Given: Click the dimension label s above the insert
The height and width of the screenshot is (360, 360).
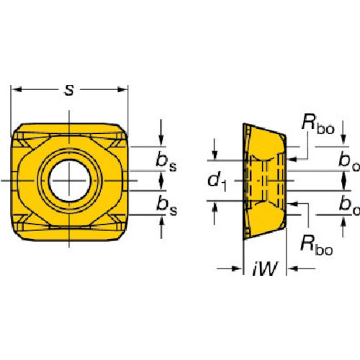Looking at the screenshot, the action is (69, 90).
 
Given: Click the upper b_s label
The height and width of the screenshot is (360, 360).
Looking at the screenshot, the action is (166, 161).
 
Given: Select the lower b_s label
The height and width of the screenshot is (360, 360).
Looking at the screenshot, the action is (166, 204).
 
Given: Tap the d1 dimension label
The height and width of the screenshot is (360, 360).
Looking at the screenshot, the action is (217, 181).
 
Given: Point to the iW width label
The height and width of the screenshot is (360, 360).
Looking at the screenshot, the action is (265, 268).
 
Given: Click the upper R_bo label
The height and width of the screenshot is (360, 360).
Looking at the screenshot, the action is (318, 124).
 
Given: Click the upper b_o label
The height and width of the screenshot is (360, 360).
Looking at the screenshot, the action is (349, 161).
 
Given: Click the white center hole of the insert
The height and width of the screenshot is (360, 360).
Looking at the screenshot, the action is (70, 181).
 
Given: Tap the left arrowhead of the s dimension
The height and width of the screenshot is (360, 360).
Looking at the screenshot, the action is (17, 90).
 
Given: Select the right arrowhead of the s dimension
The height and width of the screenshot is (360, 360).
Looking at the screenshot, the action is (122, 90).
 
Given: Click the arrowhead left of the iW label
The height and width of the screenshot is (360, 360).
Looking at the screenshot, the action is (237, 269).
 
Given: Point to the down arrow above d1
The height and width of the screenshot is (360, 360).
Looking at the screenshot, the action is (215, 155).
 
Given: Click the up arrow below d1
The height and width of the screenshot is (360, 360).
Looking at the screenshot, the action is (215, 207).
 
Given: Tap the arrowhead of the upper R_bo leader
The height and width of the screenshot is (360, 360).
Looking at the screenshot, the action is (293, 159).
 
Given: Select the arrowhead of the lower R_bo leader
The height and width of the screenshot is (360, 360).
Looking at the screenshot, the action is (293, 204).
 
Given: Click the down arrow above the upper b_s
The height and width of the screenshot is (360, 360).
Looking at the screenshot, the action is (161, 140).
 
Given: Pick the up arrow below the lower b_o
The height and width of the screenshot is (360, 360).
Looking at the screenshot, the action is (343, 220).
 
